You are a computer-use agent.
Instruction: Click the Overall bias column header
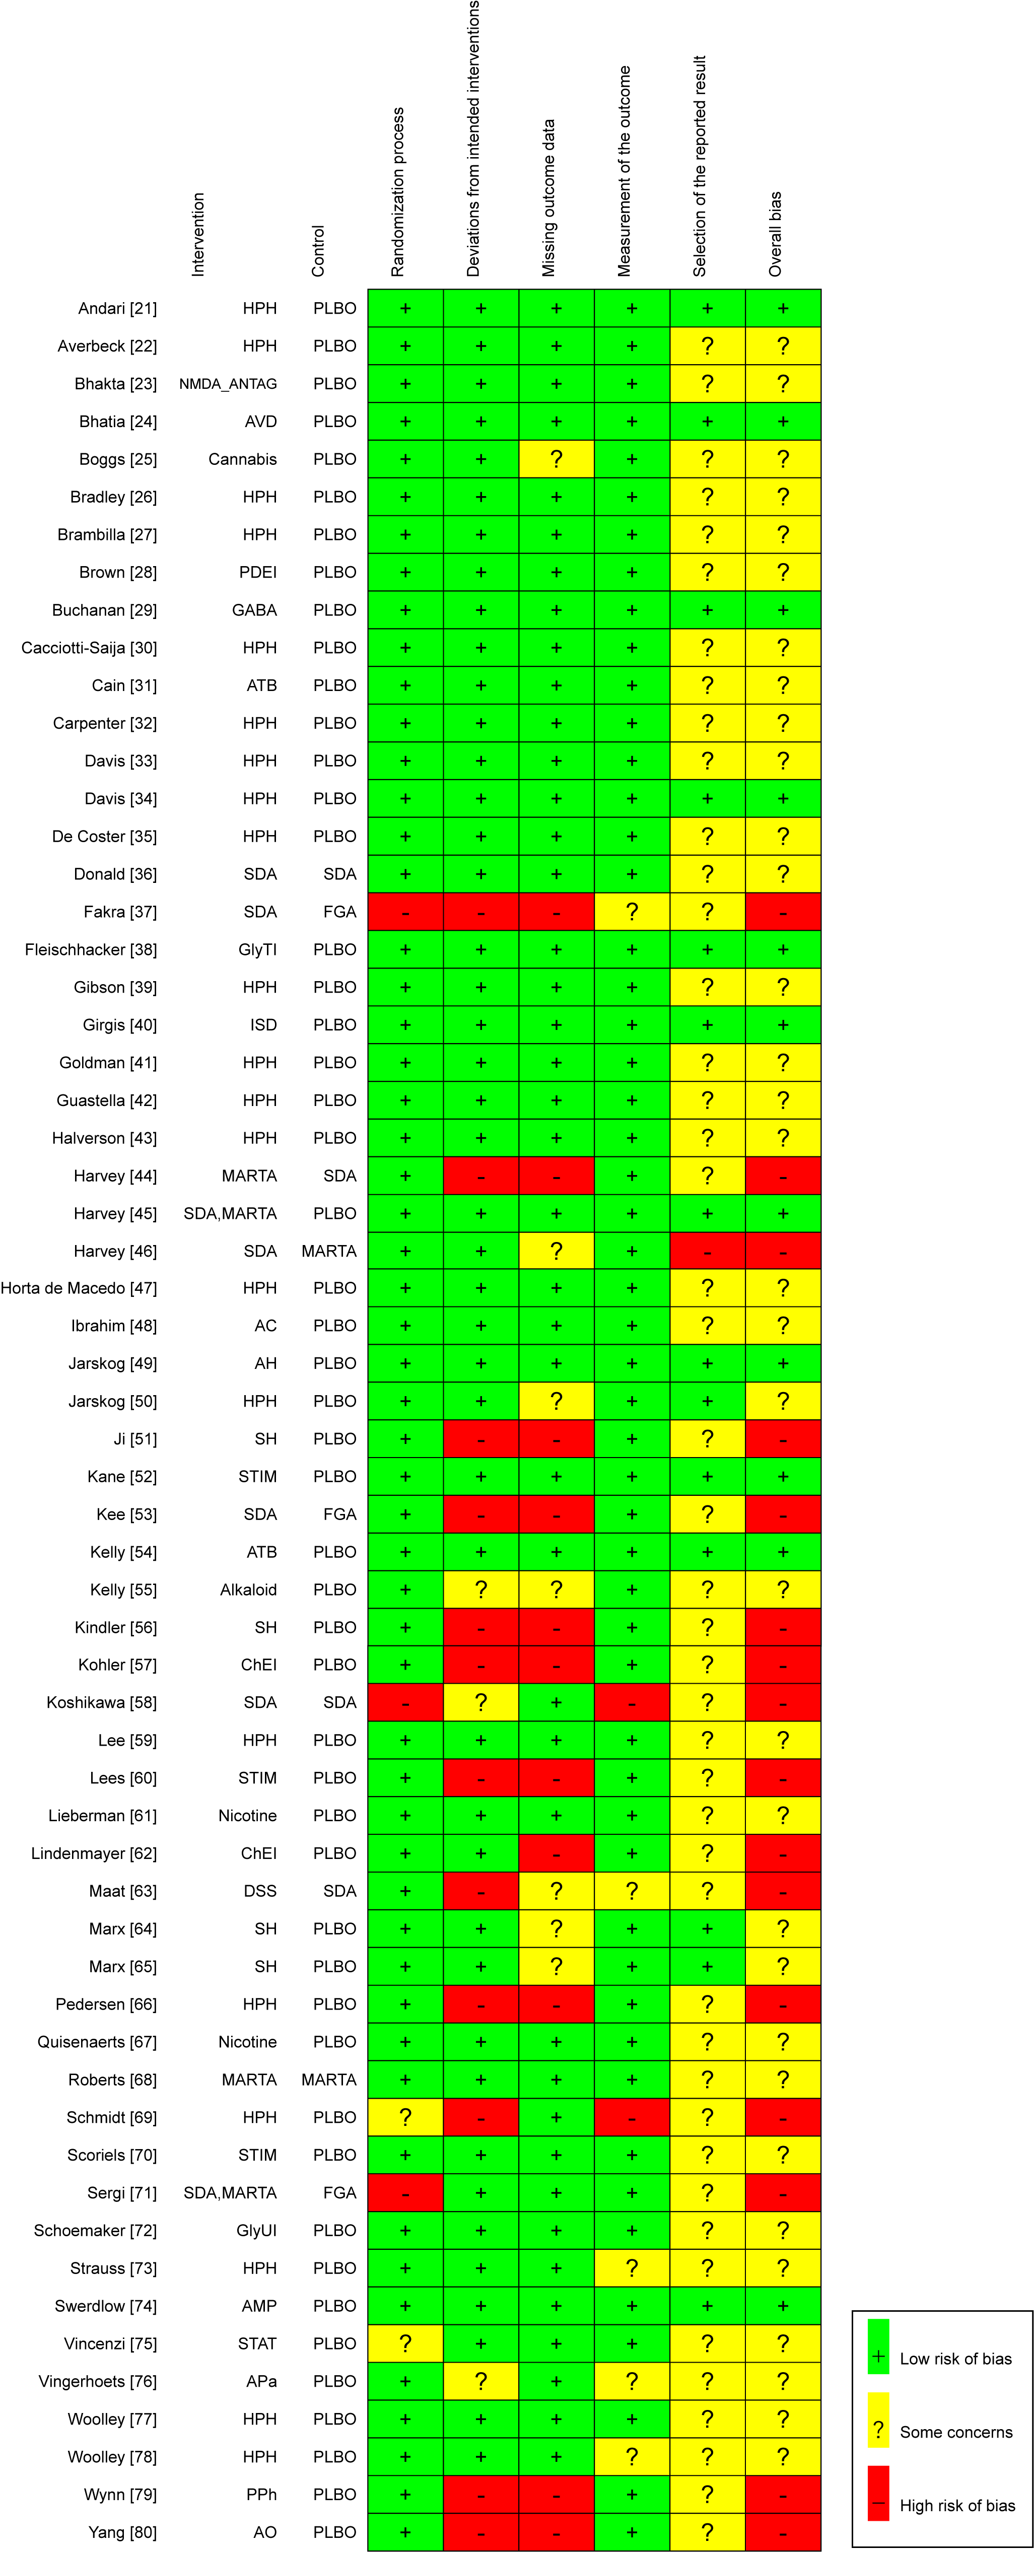[x=776, y=234]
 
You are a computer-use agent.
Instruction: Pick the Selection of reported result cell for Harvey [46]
[x=707, y=1251]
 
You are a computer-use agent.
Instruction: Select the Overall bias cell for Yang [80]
[x=783, y=2532]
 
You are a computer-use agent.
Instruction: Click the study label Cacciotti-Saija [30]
[x=89, y=648]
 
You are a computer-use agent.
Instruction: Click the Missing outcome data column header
[x=548, y=198]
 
